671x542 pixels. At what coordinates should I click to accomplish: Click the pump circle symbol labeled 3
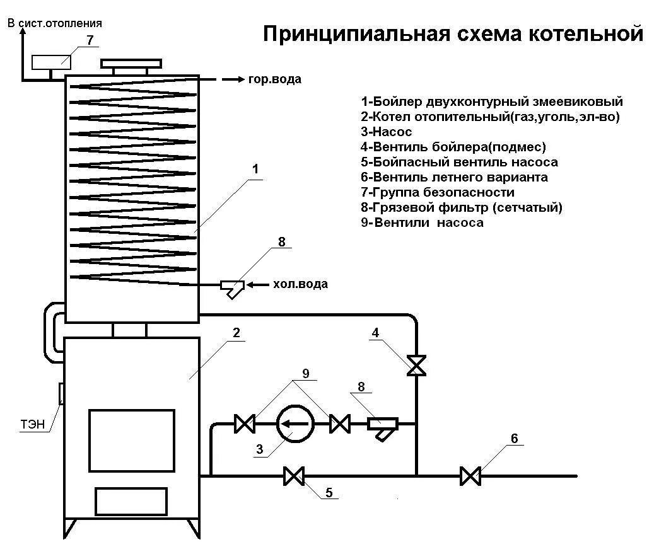pyautogui.click(x=295, y=424)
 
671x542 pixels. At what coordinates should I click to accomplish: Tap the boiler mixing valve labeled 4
pyautogui.click(x=416, y=365)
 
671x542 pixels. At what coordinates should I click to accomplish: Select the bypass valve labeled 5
pyautogui.click(x=293, y=476)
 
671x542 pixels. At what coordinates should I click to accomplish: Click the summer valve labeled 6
pyautogui.click(x=470, y=476)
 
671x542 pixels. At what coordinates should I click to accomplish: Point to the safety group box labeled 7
pyautogui.click(x=50, y=62)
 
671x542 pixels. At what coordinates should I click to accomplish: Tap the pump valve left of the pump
pyautogui.click(x=243, y=424)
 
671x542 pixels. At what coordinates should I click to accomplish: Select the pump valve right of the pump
pyautogui.click(x=340, y=424)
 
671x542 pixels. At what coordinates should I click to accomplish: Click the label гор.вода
pyautogui.click(x=275, y=79)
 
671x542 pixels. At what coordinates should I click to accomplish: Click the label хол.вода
pyautogui.click(x=300, y=284)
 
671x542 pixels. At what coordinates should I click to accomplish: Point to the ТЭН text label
pyautogui.click(x=32, y=425)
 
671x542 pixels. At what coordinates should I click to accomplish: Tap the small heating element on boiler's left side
pyautogui.click(x=61, y=393)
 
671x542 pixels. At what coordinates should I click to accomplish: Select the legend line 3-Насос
pyautogui.click(x=387, y=132)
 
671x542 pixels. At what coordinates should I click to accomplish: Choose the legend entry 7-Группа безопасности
pyautogui.click(x=438, y=192)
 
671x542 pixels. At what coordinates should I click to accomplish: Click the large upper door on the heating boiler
pyautogui.click(x=131, y=441)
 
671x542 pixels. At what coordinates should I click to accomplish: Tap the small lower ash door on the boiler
pyautogui.click(x=131, y=502)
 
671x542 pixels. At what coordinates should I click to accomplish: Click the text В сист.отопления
pyautogui.click(x=54, y=23)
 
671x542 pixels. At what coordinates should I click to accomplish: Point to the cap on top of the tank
pyautogui.click(x=132, y=64)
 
